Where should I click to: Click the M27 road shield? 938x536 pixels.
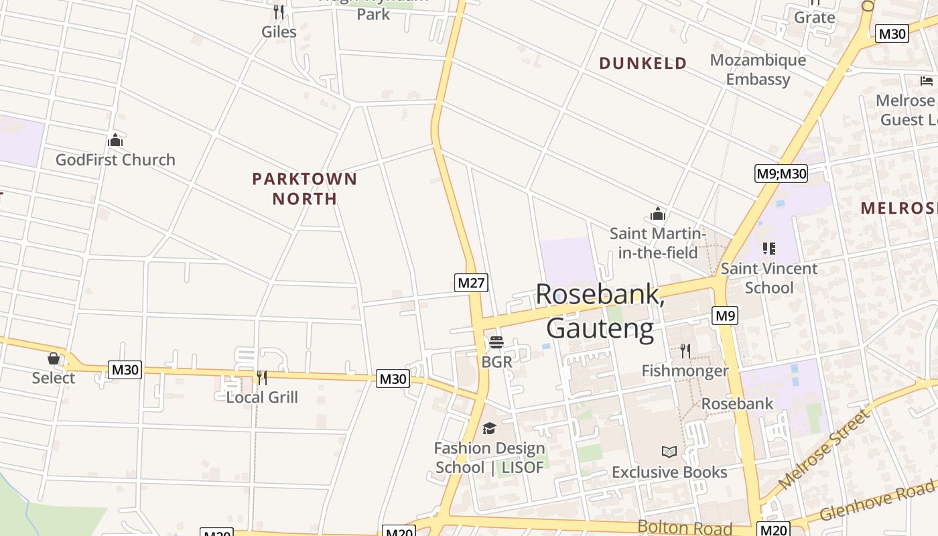pyautogui.click(x=471, y=283)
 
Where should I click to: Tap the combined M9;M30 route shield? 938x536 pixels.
pyautogui.click(x=781, y=174)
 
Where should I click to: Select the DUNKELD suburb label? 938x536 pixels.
pyautogui.click(x=643, y=64)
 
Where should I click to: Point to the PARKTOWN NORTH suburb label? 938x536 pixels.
pyautogui.click(x=304, y=189)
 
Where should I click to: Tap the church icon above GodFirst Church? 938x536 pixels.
pyautogui.click(x=115, y=141)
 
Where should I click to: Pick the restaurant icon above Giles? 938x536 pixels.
pyautogui.click(x=279, y=12)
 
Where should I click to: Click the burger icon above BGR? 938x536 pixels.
pyautogui.click(x=496, y=342)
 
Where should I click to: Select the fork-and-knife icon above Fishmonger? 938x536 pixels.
pyautogui.click(x=685, y=350)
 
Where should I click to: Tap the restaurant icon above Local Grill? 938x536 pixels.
pyautogui.click(x=262, y=378)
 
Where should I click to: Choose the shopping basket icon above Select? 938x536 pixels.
pyautogui.click(x=54, y=358)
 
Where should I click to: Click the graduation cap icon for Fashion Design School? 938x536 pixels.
pyautogui.click(x=489, y=429)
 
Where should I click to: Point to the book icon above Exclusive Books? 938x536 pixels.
pyautogui.click(x=669, y=452)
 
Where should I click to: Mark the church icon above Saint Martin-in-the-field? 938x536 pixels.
pyautogui.click(x=657, y=214)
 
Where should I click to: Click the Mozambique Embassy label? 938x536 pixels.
pyautogui.click(x=758, y=70)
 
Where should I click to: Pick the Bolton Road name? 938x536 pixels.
pyautogui.click(x=684, y=527)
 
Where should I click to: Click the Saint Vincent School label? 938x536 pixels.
pyautogui.click(x=769, y=278)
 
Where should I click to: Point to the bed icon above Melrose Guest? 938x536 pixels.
pyautogui.click(x=927, y=81)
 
